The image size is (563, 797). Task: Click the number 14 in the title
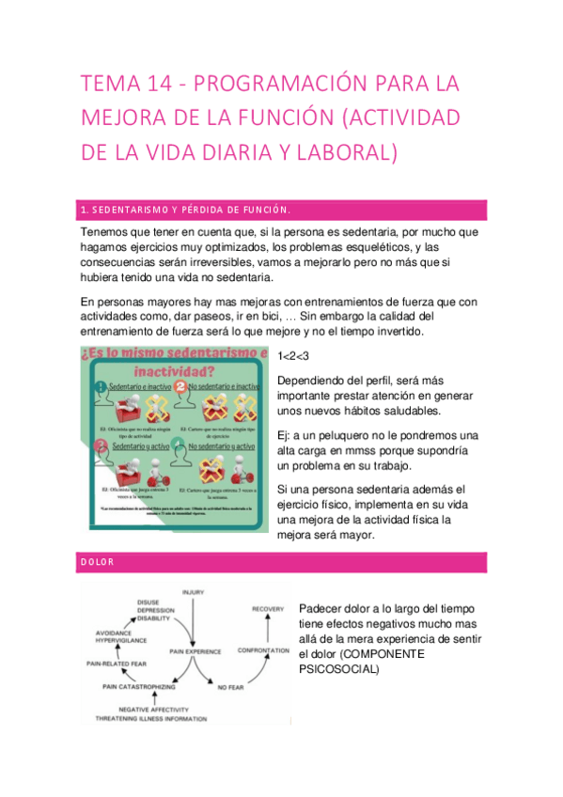click(158, 85)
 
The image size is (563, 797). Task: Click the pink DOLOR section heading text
click(98, 562)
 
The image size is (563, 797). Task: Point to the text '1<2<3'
click(293, 357)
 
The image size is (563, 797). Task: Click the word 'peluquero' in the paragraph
click(351, 434)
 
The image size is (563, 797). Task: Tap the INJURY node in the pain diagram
click(194, 592)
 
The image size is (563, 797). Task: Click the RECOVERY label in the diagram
click(268, 610)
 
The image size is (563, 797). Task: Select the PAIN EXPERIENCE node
click(195, 650)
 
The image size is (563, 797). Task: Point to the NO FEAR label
click(230, 688)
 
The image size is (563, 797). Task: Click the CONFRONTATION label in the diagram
click(262, 649)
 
